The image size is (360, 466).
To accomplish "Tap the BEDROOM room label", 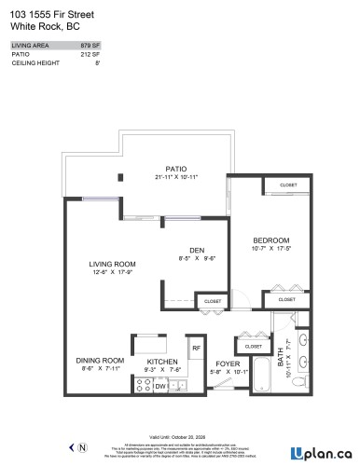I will (x=272, y=240).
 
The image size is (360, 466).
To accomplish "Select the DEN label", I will (x=198, y=249).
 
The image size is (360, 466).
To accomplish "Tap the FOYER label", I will (x=228, y=363).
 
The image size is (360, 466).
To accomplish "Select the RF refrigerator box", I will (x=196, y=349).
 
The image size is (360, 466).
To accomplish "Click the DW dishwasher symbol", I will (x=159, y=384).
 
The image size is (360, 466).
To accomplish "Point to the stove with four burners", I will (x=143, y=384).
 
